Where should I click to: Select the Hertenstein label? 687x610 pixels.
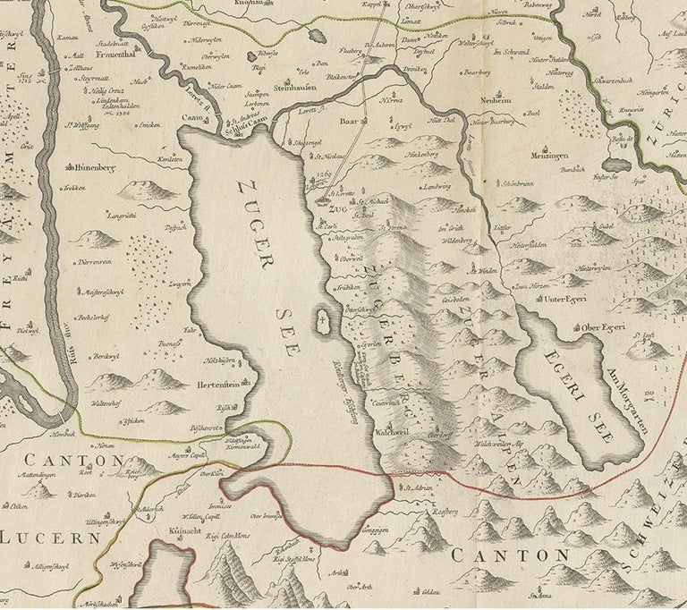(x=216, y=387)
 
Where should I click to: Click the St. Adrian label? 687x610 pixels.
(x=419, y=489)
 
